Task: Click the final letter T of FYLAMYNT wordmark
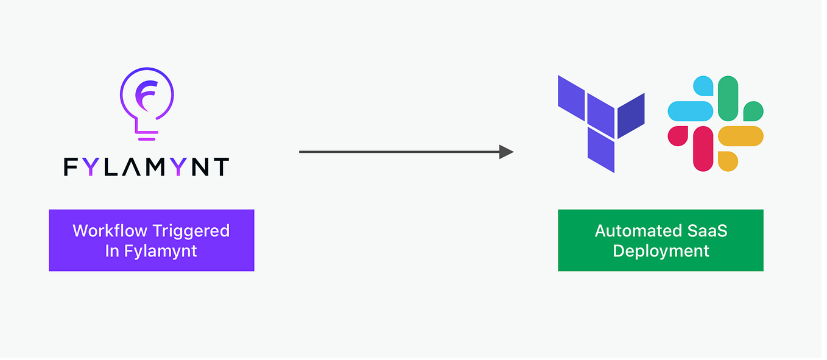[222, 168]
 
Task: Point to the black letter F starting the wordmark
[71, 168]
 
